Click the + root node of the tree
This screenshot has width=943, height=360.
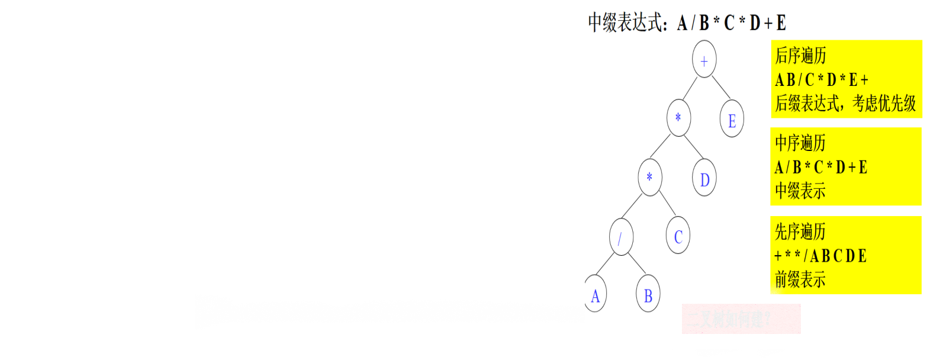tap(704, 59)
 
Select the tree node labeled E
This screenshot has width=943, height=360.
tap(732, 120)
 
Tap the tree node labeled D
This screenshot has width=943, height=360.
tap(704, 179)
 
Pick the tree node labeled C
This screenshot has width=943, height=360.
tap(678, 236)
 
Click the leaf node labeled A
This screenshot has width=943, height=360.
tap(595, 295)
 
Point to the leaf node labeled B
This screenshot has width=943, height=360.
tap(648, 295)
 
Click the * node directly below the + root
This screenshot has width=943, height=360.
tap(678, 117)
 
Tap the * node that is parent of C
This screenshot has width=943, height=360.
tap(649, 176)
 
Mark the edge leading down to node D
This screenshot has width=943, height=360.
tap(693, 148)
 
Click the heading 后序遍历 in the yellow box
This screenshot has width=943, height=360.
tap(800, 56)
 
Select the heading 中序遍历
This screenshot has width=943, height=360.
tap(800, 143)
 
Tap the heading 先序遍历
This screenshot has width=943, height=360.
tap(800, 232)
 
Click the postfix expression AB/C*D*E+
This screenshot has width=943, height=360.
tap(822, 80)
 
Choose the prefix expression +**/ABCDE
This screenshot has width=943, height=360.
tap(820, 256)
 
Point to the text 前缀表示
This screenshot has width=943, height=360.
tap(800, 279)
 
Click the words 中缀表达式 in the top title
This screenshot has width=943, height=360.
tap(625, 23)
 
